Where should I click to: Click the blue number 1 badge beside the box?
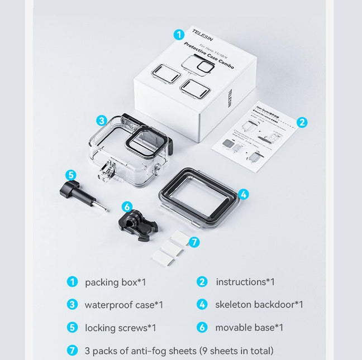[x=179, y=35]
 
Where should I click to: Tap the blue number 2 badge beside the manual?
[x=302, y=122]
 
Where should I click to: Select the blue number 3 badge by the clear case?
[x=101, y=121]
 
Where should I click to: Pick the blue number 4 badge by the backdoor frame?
[x=243, y=194]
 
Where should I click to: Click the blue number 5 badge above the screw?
[x=71, y=175]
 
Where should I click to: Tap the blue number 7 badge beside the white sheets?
[x=194, y=242]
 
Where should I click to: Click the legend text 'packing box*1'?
[x=116, y=282]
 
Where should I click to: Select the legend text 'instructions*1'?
[x=245, y=282]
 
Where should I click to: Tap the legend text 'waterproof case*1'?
[x=123, y=305]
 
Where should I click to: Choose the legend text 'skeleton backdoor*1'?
[x=259, y=305]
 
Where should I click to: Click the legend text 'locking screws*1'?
[x=120, y=328]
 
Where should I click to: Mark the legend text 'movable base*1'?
[x=249, y=328]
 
